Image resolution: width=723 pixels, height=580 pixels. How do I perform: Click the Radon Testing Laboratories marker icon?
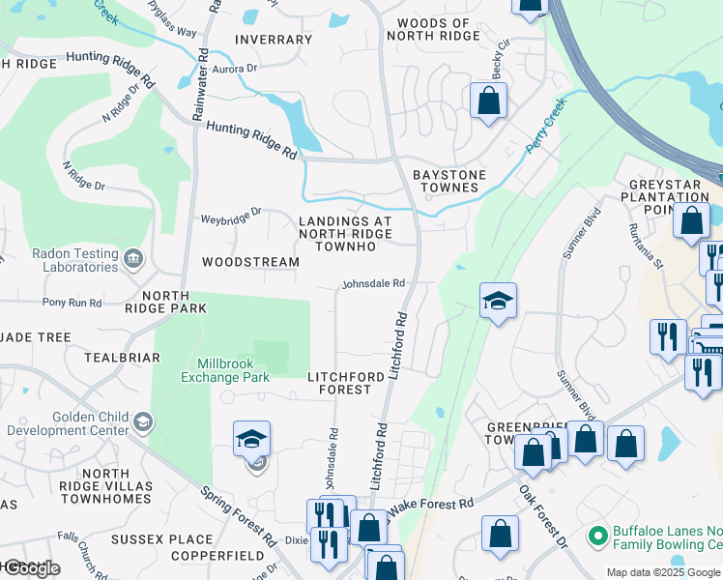pyautogui.click(x=133, y=258)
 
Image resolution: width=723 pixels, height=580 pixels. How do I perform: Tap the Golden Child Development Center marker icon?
pyautogui.click(x=143, y=421)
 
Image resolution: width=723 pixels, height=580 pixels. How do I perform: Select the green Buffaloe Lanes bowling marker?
pyautogui.click(x=597, y=534)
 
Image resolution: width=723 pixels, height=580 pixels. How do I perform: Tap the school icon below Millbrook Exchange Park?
pyautogui.click(x=251, y=439)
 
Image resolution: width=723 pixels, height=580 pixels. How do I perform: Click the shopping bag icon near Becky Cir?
pyautogui.click(x=489, y=100)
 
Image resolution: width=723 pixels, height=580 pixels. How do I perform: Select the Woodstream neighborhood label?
pyautogui.click(x=238, y=262)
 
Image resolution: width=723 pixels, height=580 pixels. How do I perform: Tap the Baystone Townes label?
pyautogui.click(x=449, y=181)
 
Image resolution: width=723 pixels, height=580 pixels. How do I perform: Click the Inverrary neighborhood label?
pyautogui.click(x=273, y=40)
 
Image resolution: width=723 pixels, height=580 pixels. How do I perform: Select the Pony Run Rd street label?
pyautogui.click(x=72, y=303)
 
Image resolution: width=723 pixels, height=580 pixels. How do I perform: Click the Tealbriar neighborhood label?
pyautogui.click(x=122, y=357)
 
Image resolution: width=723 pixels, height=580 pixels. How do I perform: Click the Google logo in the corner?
pyautogui.click(x=31, y=567)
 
